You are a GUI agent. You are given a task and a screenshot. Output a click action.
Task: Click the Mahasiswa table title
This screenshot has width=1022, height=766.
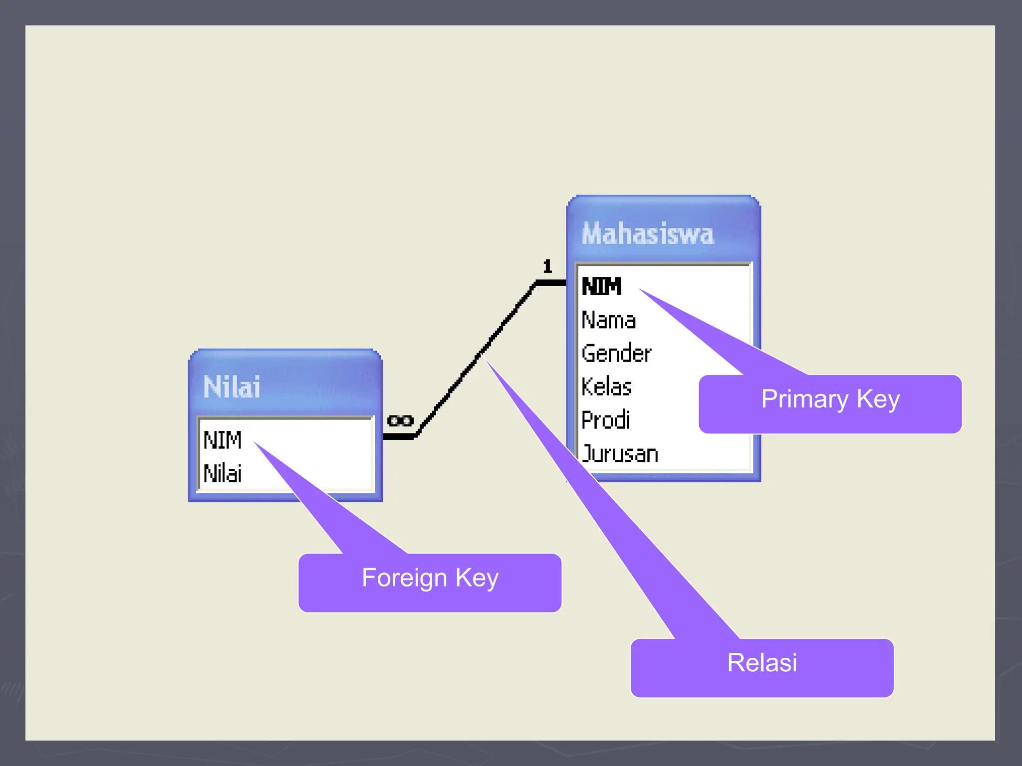648,233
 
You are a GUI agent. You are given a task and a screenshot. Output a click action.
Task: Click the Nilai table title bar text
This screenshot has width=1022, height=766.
232,387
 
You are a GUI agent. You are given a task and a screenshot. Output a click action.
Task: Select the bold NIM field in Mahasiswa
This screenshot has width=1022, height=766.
601,286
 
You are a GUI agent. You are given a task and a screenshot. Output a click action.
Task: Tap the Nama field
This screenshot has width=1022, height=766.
608,320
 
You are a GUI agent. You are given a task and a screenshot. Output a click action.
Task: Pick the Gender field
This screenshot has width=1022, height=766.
616,354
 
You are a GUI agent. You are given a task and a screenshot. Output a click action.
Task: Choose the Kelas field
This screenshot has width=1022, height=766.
606,387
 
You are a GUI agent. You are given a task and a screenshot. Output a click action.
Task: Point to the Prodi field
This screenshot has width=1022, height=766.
605,420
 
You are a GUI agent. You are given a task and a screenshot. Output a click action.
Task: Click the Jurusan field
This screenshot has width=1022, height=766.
620,454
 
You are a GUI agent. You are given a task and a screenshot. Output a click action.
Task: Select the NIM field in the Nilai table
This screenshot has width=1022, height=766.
223,440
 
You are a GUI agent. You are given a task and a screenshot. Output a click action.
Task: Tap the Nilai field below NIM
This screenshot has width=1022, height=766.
223,473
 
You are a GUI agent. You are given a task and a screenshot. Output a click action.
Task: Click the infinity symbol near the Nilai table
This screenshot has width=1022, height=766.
400,421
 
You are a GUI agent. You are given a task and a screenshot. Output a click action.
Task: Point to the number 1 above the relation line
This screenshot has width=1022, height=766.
547,266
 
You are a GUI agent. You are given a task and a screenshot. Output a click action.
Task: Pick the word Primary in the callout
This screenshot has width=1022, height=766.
804,399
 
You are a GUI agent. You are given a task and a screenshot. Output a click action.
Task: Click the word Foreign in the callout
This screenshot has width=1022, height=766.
404,578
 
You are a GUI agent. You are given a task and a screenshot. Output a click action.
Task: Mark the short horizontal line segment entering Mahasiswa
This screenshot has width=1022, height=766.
551,283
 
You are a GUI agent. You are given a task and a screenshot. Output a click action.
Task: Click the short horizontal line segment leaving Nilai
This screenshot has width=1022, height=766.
398,437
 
